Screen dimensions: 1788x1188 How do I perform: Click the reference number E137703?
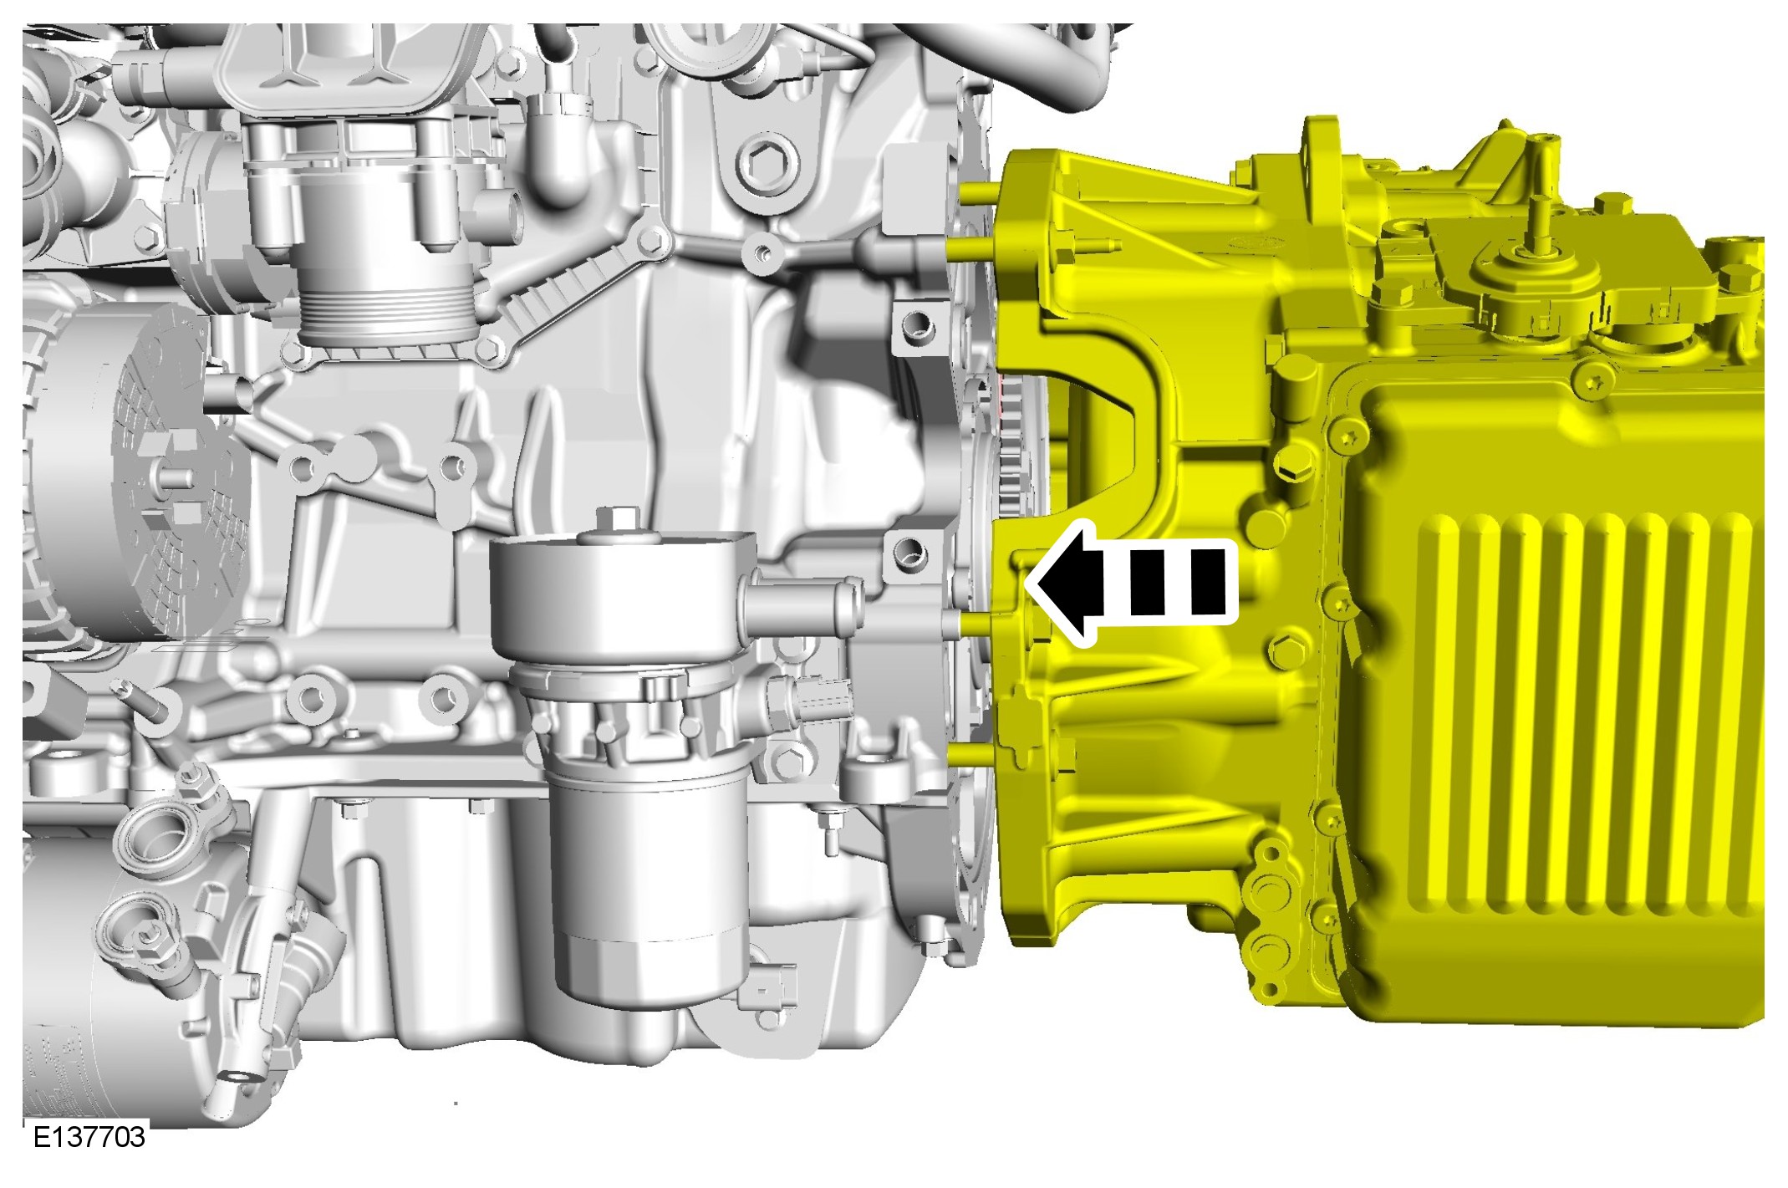pos(89,1137)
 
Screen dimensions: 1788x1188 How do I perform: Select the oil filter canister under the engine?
pos(649,890)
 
